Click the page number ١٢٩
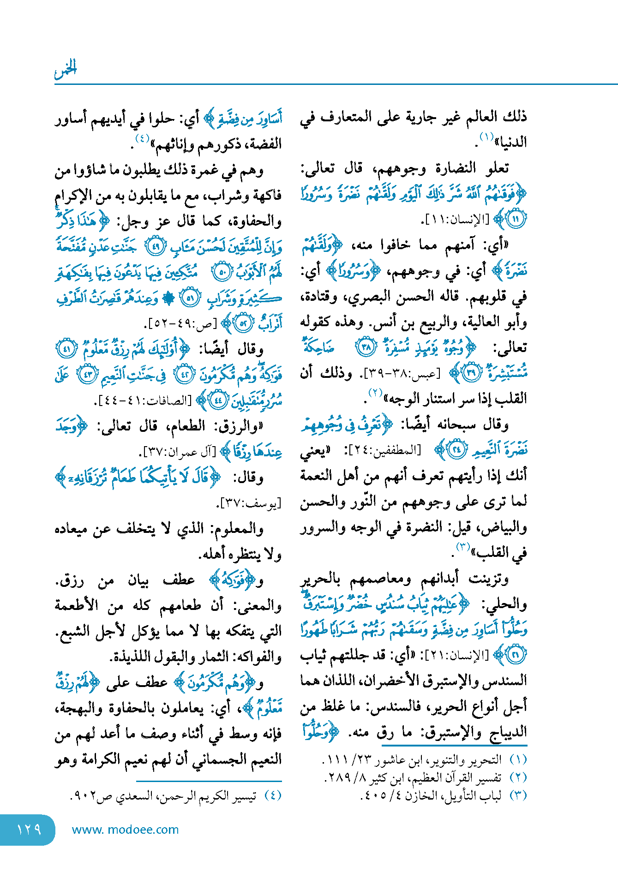pos(29,830)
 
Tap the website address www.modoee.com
pos(125,830)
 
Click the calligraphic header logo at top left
pos(66,69)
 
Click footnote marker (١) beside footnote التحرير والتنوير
pos(518,759)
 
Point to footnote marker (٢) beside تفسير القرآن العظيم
pos(518,777)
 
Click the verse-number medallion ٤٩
pos(156,247)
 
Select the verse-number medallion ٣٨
pos(366,347)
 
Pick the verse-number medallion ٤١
pos(66,349)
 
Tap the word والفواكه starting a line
pos(257,657)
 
